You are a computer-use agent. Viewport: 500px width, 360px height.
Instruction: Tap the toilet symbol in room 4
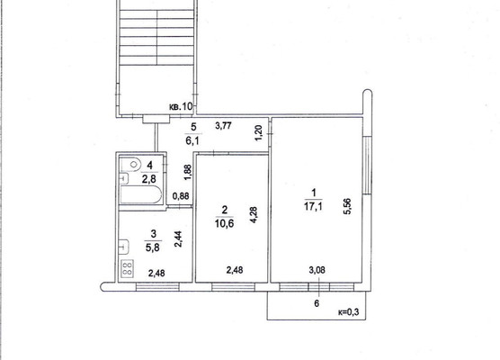point(131,164)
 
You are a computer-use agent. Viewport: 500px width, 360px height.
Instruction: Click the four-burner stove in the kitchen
point(127,268)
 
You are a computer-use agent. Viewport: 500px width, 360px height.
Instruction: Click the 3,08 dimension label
point(317,269)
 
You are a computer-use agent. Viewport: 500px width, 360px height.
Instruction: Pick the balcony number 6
point(317,303)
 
